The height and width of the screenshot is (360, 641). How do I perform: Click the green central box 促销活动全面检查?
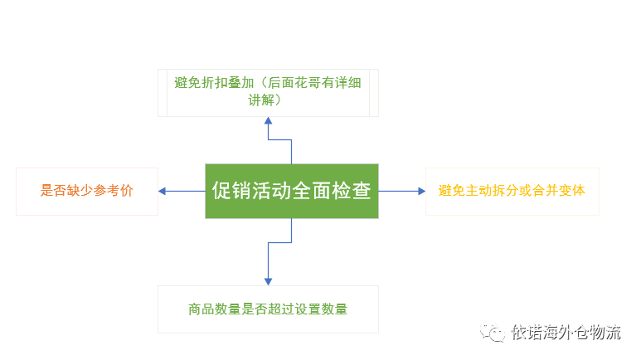(x=291, y=191)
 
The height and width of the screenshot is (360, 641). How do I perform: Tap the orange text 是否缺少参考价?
(x=87, y=191)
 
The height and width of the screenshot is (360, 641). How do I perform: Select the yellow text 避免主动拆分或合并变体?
(x=512, y=191)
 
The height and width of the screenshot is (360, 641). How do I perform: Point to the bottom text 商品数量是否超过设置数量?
(x=268, y=309)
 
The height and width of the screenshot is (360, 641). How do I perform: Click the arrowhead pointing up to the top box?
(x=268, y=120)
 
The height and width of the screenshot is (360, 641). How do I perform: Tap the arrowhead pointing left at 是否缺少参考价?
(x=162, y=191)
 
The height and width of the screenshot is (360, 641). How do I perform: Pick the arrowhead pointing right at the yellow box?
(x=422, y=191)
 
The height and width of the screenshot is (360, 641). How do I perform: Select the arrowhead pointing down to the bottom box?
(x=268, y=282)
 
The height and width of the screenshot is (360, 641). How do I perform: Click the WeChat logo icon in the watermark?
(x=493, y=332)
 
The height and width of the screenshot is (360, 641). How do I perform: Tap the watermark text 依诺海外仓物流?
(x=566, y=332)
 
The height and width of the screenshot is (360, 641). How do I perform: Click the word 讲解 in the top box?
(x=261, y=100)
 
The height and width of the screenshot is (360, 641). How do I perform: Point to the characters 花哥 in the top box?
(x=308, y=83)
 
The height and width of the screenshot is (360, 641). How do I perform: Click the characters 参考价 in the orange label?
(x=114, y=191)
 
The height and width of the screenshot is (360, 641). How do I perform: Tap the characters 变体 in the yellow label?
(x=572, y=191)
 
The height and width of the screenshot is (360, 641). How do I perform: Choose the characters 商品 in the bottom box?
(x=202, y=309)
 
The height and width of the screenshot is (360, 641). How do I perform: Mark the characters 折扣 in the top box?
(x=214, y=83)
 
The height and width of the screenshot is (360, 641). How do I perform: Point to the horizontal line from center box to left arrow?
(x=185, y=191)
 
